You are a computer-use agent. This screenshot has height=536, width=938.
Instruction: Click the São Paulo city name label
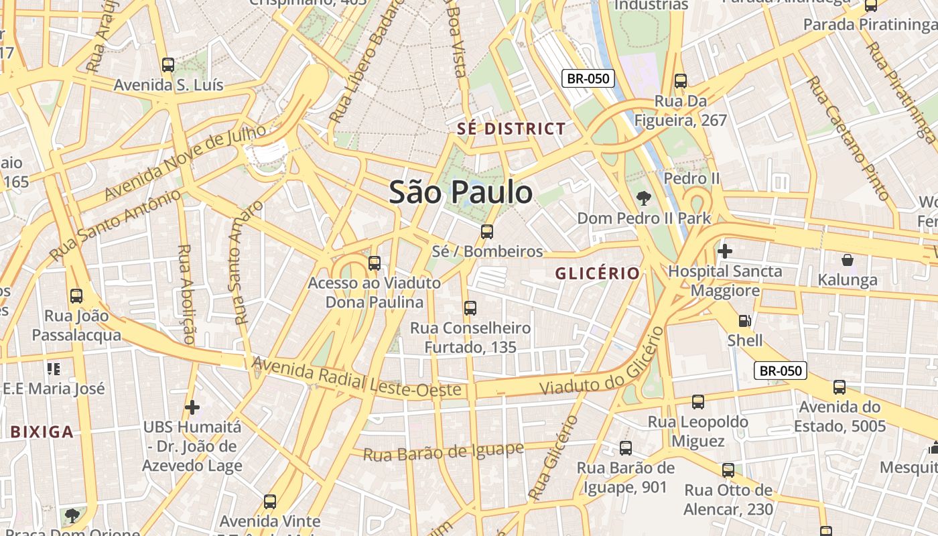[x=461, y=192]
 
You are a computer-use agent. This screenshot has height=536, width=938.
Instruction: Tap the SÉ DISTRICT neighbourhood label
[x=511, y=129]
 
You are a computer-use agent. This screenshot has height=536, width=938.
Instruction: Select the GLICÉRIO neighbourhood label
[x=597, y=273]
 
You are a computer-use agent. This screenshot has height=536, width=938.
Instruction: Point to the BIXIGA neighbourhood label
[x=42, y=431]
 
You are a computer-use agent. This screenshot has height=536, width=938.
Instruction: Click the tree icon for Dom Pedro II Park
[x=644, y=198]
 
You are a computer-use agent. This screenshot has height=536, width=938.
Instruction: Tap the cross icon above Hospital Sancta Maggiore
[x=724, y=251]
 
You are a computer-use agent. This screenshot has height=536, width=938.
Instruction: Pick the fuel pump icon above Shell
[x=744, y=321]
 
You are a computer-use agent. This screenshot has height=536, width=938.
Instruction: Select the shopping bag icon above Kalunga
[x=848, y=259]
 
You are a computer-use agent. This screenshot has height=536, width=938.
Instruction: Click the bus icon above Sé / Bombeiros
[x=487, y=232]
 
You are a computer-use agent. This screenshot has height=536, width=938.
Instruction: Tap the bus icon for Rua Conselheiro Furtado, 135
[x=470, y=308]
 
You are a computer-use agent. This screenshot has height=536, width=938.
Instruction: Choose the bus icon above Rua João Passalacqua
[x=76, y=295]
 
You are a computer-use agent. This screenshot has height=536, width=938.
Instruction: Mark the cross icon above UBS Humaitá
[x=192, y=407]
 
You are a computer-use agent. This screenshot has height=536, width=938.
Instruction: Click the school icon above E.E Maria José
[x=54, y=368]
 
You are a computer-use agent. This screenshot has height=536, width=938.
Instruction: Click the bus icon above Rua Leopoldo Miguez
[x=698, y=402]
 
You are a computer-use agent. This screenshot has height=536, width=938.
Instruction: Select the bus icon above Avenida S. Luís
[x=168, y=65]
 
